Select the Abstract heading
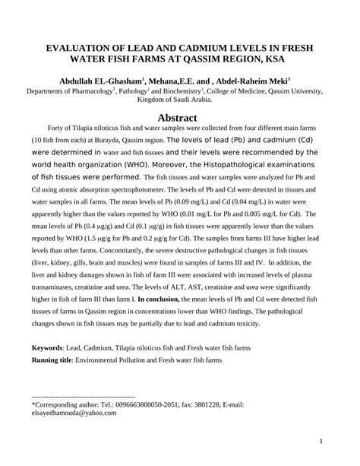[x=179, y=118]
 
